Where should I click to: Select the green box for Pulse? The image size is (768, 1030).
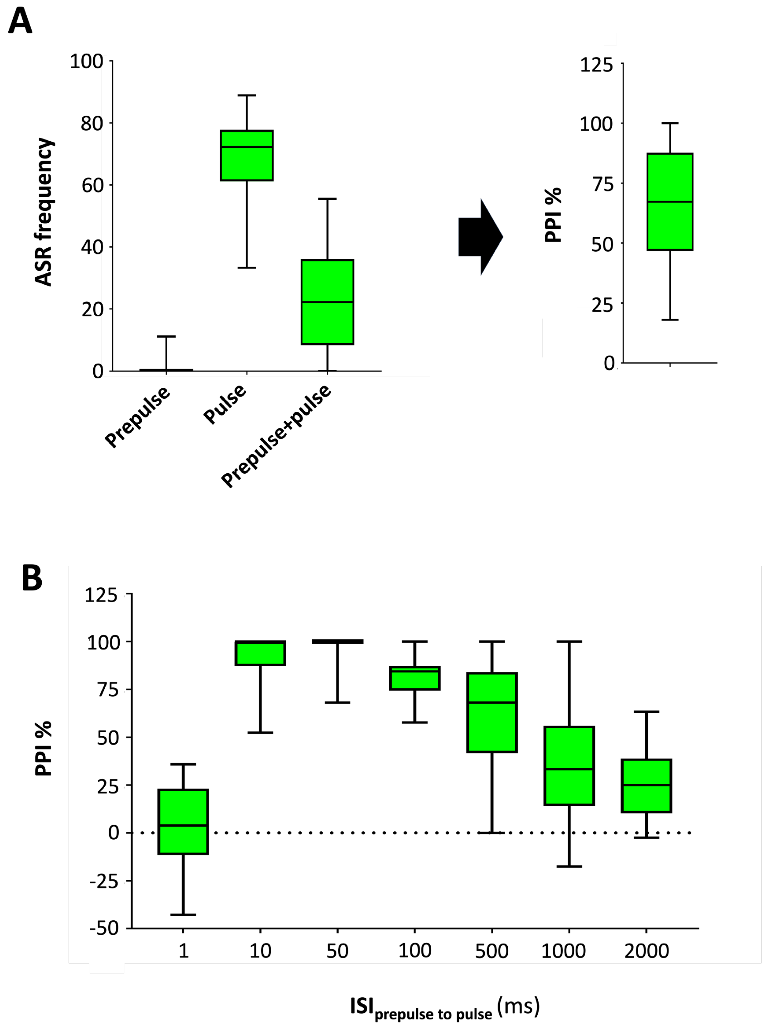click(x=246, y=155)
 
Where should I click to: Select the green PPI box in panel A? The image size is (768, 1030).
click(x=670, y=201)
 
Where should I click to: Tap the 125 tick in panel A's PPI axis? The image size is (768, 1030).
click(x=596, y=65)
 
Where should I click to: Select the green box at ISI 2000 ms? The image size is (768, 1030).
click(x=646, y=786)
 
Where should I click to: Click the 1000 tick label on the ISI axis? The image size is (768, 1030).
click(x=563, y=951)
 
